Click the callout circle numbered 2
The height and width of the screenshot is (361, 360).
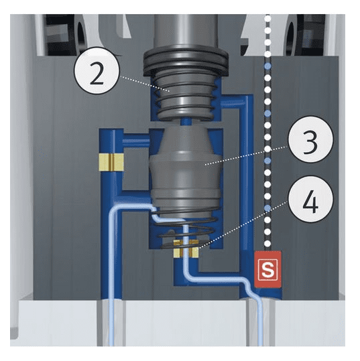tap(97, 70)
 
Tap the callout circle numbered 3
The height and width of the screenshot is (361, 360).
tap(310, 139)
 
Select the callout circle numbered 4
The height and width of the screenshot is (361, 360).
tap(310, 199)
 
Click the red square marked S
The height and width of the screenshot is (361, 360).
tap(267, 269)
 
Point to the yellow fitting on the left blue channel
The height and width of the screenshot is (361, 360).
tap(111, 162)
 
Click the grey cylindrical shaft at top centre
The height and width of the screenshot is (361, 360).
tap(186, 32)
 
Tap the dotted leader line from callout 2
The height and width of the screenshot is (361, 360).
tap(145, 84)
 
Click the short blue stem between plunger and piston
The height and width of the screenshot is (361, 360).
tap(186, 122)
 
